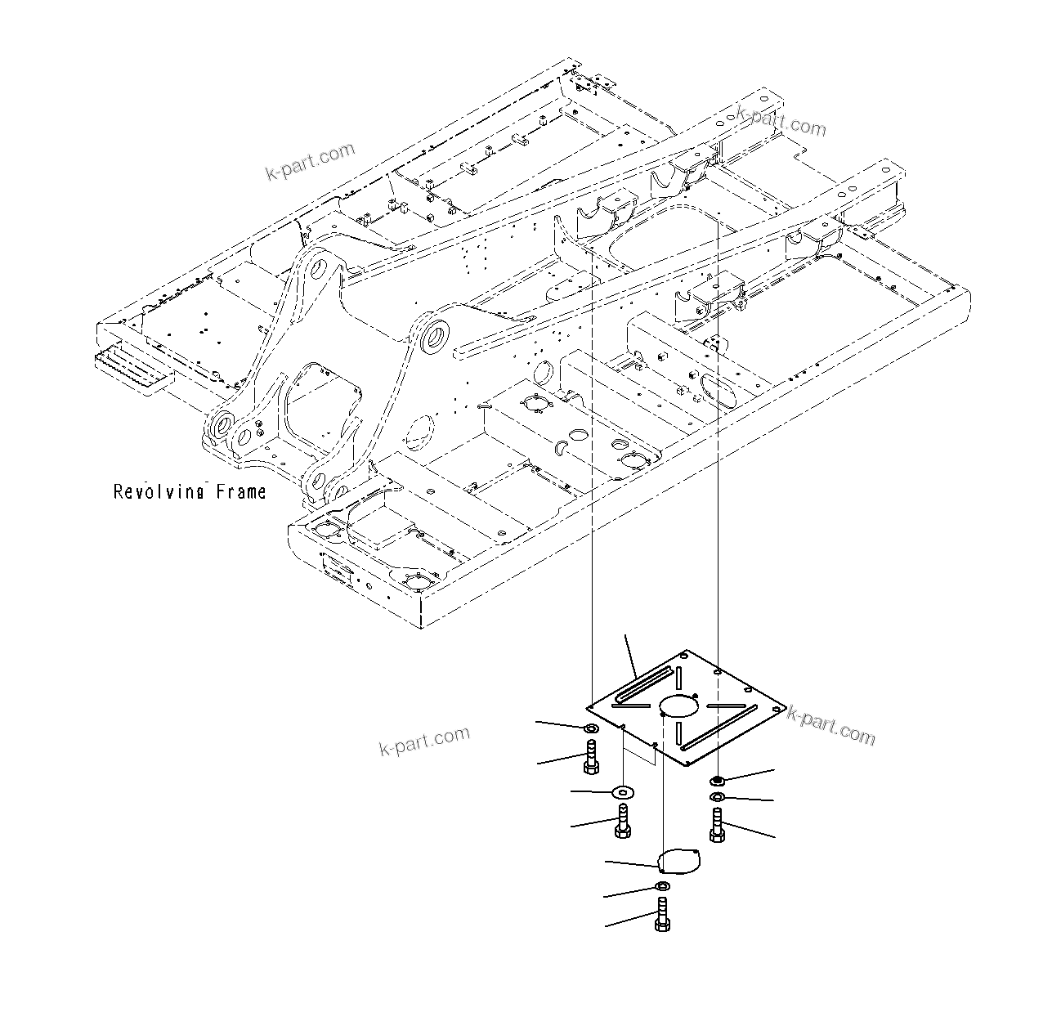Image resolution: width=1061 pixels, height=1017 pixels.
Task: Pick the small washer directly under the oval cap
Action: [x=662, y=888]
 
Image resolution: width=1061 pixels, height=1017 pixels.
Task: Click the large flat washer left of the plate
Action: [x=625, y=791]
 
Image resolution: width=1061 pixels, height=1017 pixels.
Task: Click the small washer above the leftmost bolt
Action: [x=591, y=728]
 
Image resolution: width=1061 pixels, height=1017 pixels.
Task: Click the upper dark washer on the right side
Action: [x=717, y=781]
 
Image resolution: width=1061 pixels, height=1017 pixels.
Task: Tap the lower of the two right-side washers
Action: [x=717, y=796]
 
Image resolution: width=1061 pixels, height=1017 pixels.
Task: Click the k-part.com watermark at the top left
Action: [x=311, y=161]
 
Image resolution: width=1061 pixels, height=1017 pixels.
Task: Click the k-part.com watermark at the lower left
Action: [x=425, y=741]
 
